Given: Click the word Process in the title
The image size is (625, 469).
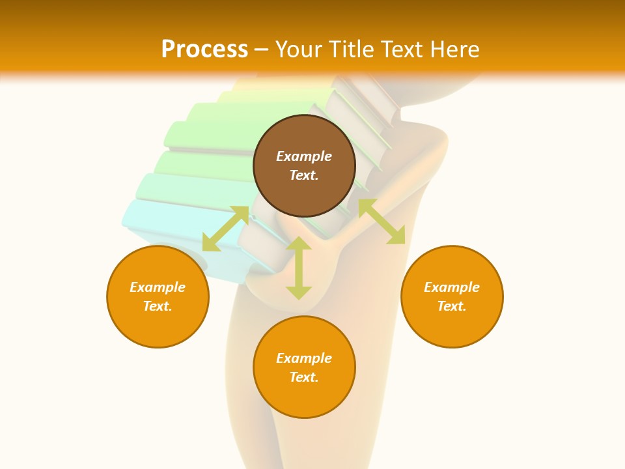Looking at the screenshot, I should tap(204, 50).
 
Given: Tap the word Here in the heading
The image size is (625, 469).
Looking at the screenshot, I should tap(454, 50).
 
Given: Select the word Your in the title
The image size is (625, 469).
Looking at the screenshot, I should tap(298, 50).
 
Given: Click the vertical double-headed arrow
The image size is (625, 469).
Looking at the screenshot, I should tap(299, 268).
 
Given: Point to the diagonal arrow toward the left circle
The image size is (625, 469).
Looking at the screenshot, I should tap(225, 229).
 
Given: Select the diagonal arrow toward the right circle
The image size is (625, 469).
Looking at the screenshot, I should tap(382, 221).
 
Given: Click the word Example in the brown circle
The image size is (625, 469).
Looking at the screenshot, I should tap(304, 156).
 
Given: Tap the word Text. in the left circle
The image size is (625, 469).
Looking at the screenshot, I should tap(158, 306).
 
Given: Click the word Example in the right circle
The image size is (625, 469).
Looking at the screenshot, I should tap(452, 287).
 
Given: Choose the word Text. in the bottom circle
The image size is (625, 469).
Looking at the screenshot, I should tap(304, 377).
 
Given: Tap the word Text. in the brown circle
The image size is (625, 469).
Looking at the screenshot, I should tap(304, 175).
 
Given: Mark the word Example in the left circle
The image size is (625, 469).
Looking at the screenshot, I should tap(158, 287).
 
